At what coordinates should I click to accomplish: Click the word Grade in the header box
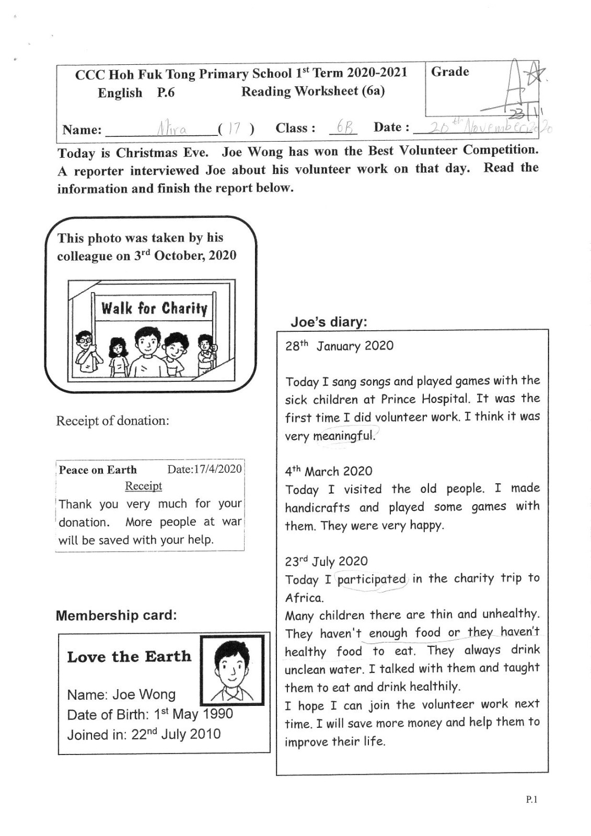coord(450,72)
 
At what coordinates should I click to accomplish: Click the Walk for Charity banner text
coord(154,308)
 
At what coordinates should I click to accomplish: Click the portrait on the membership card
coord(233,670)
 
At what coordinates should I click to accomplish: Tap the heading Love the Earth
coord(129,657)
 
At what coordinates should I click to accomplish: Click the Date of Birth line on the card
coord(150,714)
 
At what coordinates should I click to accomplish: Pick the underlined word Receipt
coord(143,486)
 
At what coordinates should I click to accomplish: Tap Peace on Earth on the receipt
coord(98,470)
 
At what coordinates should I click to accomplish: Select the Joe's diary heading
coord(329,322)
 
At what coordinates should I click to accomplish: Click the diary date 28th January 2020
coord(339,346)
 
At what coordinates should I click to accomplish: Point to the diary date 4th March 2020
coord(328,471)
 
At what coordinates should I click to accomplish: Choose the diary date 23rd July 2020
coord(326,562)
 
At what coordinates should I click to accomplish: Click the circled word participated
coord(372,579)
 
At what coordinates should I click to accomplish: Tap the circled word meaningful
coord(344,436)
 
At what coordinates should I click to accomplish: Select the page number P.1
coord(531,799)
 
